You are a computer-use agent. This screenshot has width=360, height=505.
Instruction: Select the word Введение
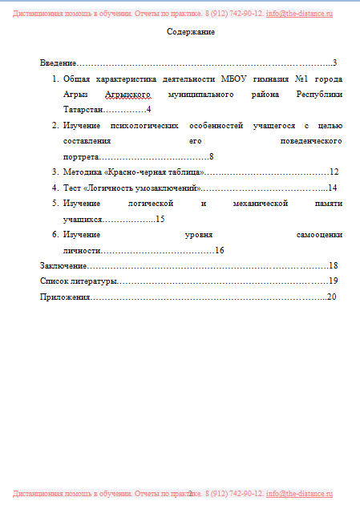coord(58,63)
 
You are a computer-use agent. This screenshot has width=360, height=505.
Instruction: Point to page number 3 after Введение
coord(334,63)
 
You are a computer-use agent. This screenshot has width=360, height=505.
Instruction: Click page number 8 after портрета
coord(211,156)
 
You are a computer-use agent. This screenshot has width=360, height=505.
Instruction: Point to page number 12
coord(334,172)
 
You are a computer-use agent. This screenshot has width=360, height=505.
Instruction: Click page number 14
coord(332,188)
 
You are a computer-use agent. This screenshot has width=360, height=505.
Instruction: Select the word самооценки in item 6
coord(320,235)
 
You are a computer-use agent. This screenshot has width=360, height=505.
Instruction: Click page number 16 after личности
coord(219,250)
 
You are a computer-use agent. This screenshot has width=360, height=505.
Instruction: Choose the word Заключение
coord(63,265)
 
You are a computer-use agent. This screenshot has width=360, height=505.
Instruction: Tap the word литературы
coord(95,281)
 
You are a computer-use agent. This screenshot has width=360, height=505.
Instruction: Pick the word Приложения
coord(66,297)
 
